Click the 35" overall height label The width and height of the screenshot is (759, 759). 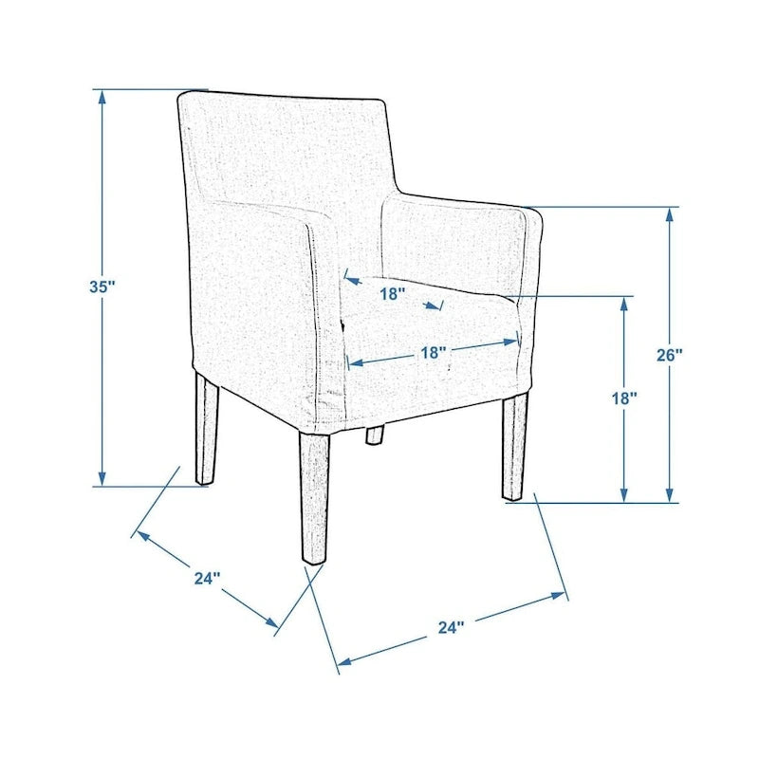[102, 287]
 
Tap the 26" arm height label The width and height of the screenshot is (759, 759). [670, 355]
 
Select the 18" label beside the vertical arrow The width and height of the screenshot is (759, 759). [624, 398]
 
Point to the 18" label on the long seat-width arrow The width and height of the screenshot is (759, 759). [433, 352]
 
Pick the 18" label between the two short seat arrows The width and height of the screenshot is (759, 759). [392, 293]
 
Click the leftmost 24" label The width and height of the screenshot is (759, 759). [207, 578]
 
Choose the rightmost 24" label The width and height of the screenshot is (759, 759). [452, 627]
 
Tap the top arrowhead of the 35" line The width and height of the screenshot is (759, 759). [102, 98]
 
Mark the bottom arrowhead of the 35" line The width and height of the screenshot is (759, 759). [102, 477]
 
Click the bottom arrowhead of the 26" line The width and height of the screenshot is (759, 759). [670, 494]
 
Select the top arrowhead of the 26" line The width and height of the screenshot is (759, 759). [670, 215]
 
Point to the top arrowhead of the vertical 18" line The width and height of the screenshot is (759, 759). [624, 304]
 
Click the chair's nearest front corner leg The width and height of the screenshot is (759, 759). [315, 497]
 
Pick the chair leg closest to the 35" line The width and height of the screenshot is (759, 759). [206, 429]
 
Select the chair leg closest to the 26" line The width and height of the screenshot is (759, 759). [514, 447]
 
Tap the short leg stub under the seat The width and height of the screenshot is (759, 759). [374, 435]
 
